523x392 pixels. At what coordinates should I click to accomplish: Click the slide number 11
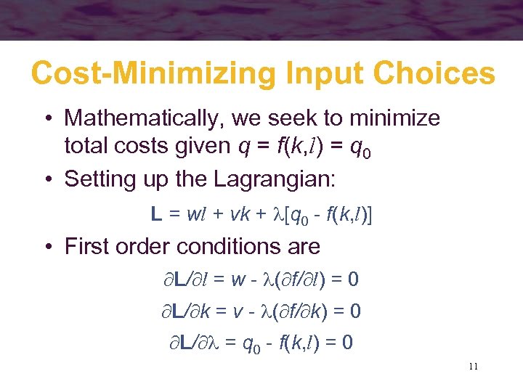473,367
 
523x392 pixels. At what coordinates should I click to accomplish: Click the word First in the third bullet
91,247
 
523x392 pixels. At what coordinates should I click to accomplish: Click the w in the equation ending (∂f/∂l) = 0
238,279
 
